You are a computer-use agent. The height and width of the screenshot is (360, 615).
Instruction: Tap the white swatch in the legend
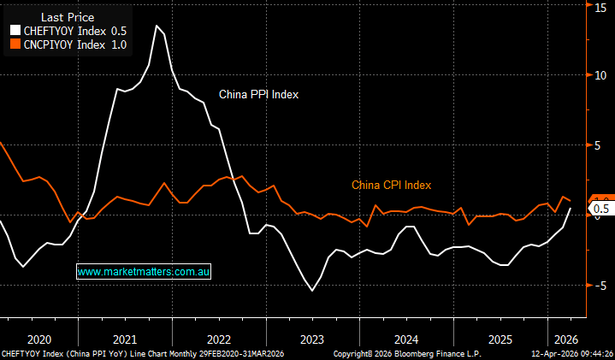coord(14,30)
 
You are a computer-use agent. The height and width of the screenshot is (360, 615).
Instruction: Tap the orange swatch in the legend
coord(14,44)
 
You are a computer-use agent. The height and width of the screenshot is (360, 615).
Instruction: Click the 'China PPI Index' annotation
coord(257,95)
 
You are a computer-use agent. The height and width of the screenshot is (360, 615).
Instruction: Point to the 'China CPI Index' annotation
coord(391,185)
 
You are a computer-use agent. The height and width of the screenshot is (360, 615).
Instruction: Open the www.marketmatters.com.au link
coord(144,271)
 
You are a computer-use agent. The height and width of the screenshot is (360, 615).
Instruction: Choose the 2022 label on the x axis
coord(218,338)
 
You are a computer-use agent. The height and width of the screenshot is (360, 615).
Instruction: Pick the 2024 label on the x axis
coord(406,338)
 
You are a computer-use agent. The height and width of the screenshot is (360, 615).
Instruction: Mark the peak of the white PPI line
coord(157,25)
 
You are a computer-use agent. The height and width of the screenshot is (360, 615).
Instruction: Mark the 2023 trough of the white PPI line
coord(312,292)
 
